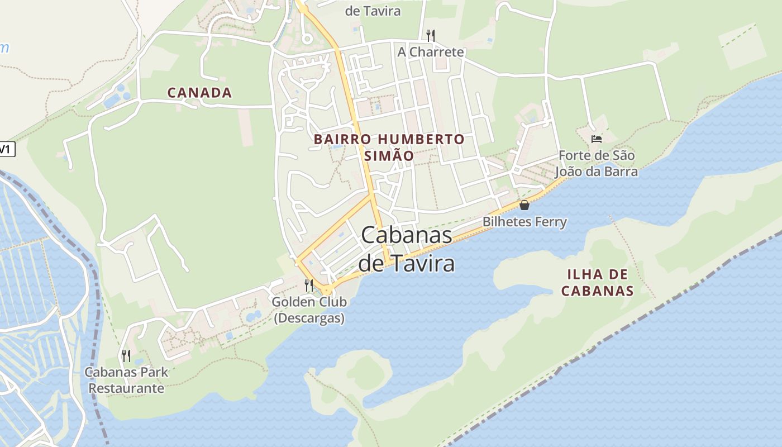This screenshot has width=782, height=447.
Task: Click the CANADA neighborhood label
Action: click(199, 93)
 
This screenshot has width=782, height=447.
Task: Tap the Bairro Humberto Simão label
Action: click(389, 147)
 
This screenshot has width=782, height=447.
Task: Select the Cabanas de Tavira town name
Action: click(407, 249)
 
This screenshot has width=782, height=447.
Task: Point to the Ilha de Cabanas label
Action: click(597, 282)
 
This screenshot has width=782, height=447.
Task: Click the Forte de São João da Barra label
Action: click(596, 163)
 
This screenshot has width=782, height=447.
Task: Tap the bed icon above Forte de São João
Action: click(597, 139)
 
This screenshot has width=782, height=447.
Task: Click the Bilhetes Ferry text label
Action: click(524, 222)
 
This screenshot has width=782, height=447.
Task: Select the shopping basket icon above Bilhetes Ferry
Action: click(524, 205)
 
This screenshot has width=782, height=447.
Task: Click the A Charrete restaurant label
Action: click(430, 52)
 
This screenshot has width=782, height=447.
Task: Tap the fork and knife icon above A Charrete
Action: click(430, 36)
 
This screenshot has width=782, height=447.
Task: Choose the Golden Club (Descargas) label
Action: click(309, 310)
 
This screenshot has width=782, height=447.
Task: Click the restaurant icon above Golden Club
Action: click(309, 285)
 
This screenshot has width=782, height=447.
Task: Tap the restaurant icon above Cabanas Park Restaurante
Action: click(126, 355)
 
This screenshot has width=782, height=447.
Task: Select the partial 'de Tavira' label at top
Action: click(373, 11)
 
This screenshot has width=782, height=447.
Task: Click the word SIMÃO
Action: click(389, 156)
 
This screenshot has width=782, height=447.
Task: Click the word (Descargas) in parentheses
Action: click(309, 318)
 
